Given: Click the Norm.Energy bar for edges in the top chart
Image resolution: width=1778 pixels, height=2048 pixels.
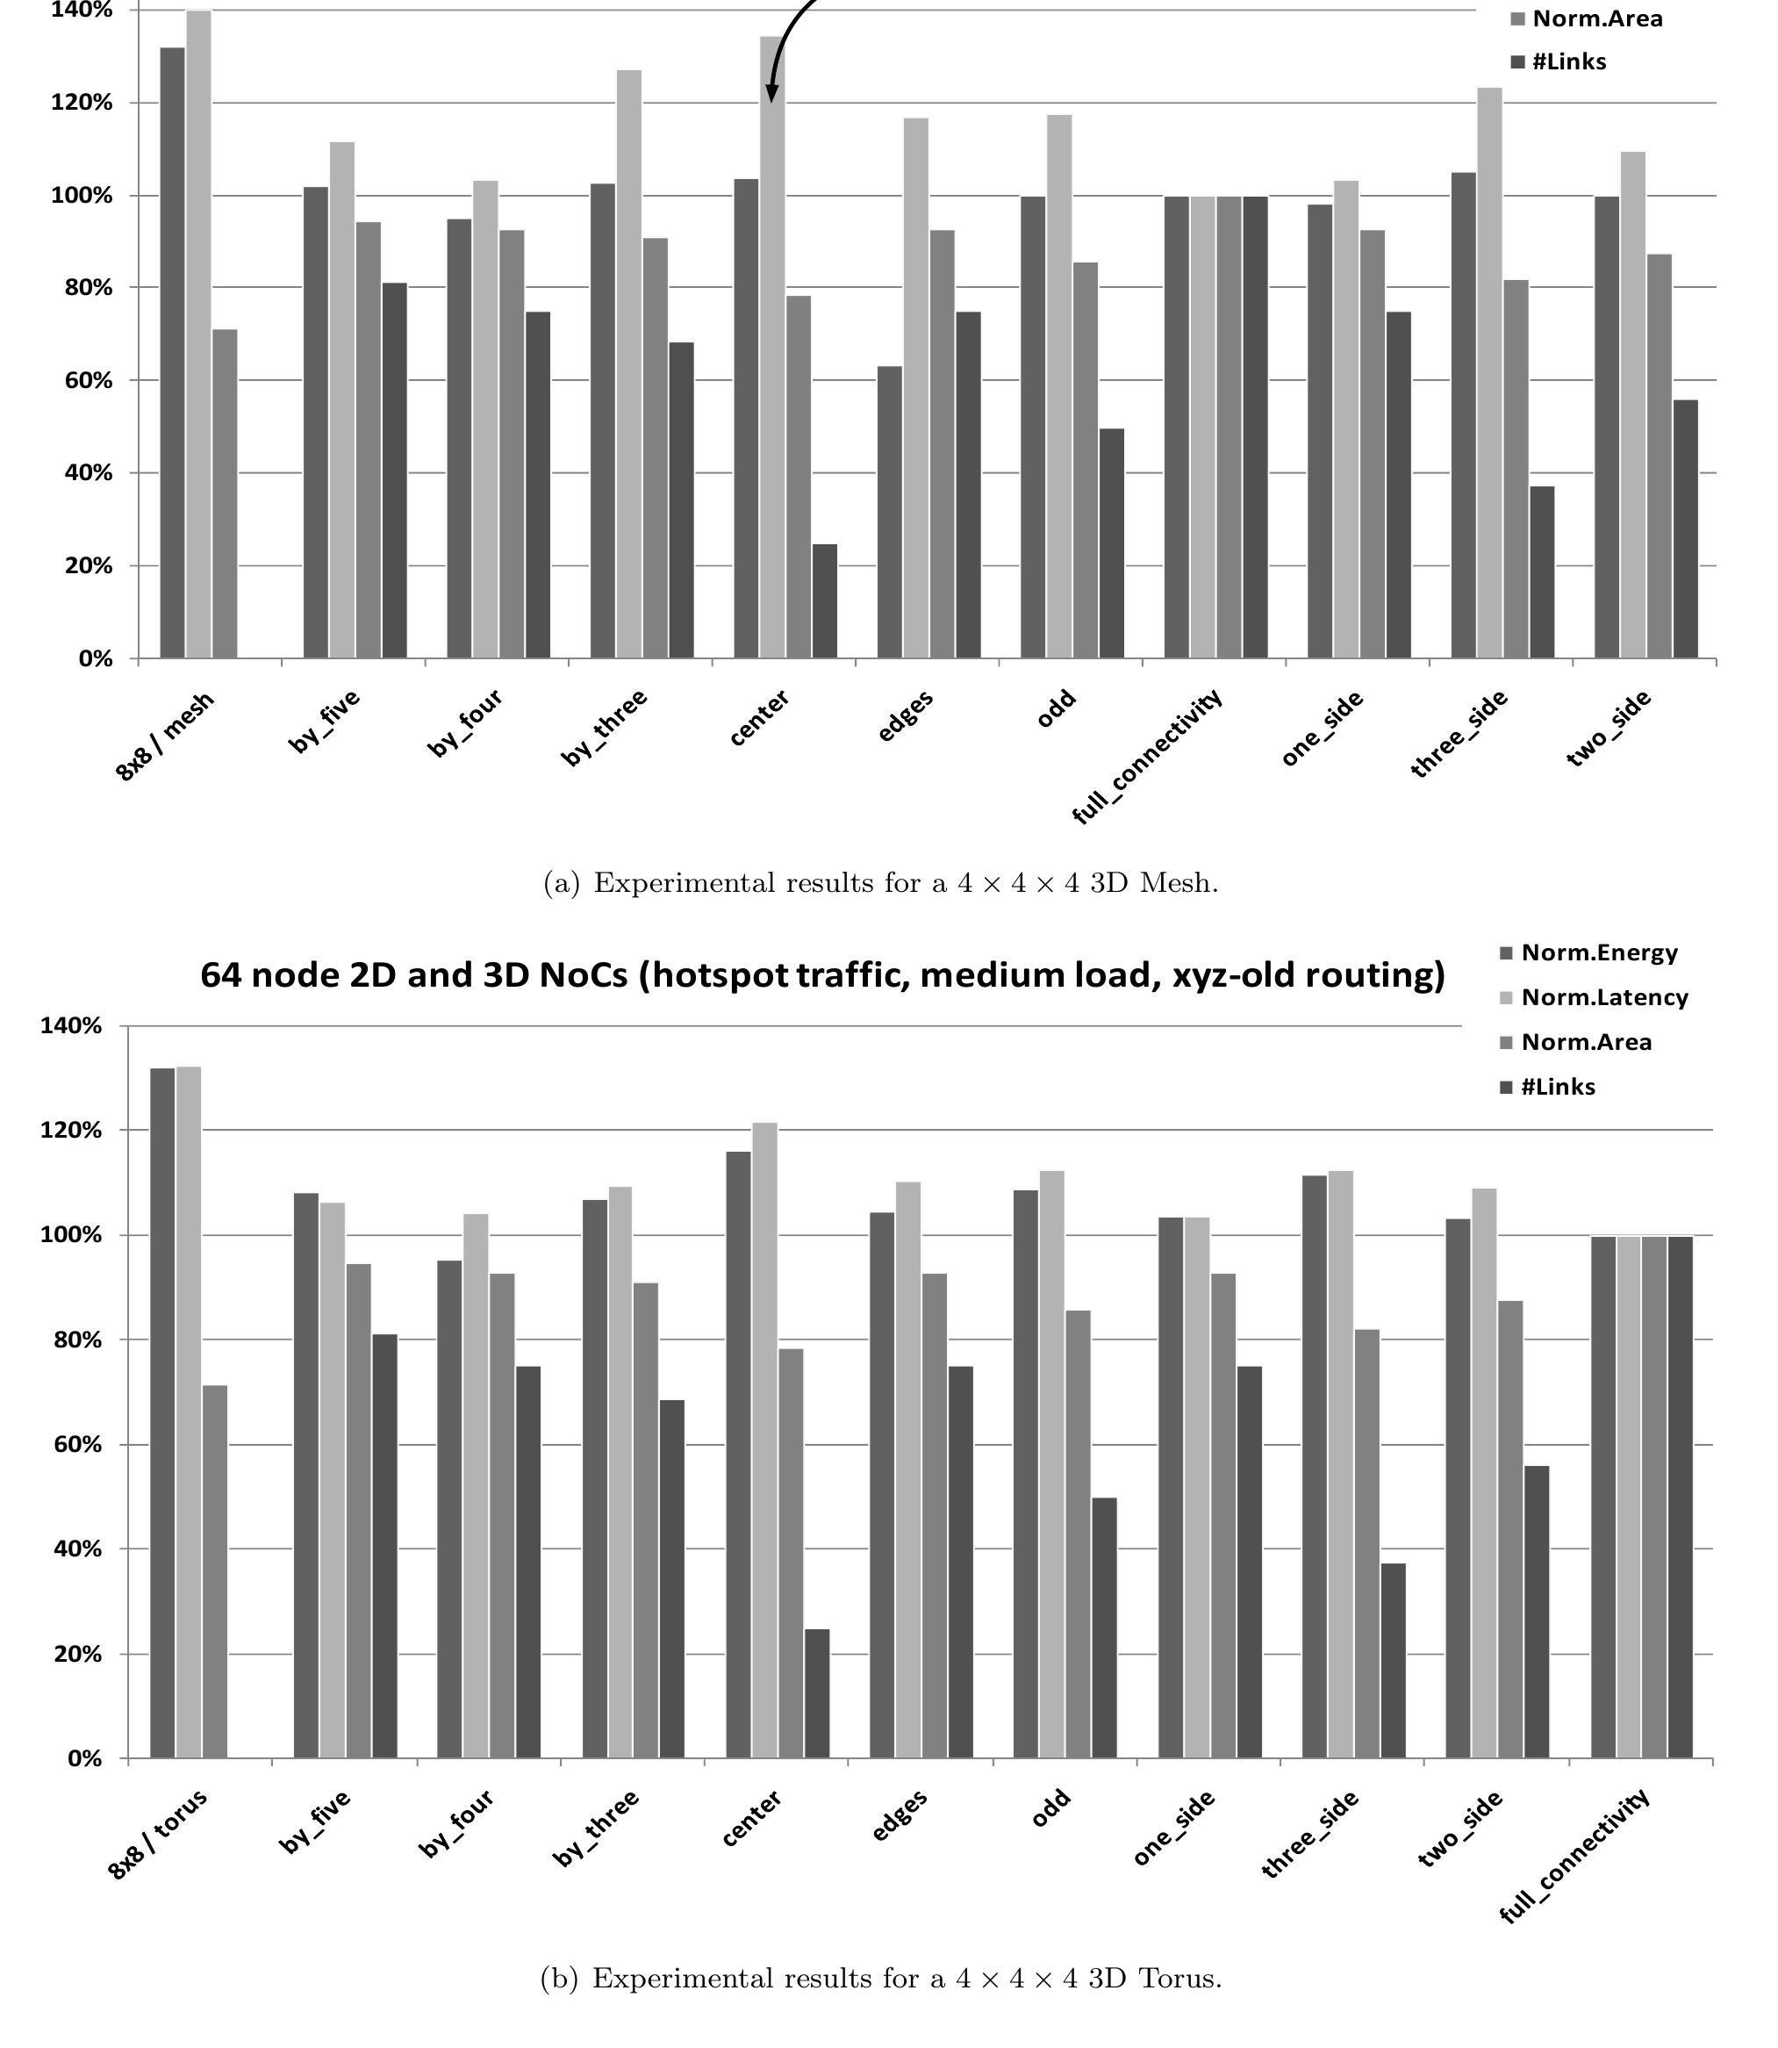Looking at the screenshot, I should [x=890, y=512].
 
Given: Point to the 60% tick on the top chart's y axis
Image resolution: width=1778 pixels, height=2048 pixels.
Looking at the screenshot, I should [x=89, y=381].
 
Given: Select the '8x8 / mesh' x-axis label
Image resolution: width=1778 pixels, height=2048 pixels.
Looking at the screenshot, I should [x=166, y=737].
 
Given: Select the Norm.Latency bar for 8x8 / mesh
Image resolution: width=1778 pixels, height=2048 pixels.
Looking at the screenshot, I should [x=198, y=334].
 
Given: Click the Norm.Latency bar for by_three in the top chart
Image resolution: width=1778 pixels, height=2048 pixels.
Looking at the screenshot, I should [x=628, y=364].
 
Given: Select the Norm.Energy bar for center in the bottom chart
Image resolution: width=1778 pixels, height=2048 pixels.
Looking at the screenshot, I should [x=738, y=1455].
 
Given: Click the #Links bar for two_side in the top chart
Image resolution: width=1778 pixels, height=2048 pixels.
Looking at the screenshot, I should [x=1685, y=528].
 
